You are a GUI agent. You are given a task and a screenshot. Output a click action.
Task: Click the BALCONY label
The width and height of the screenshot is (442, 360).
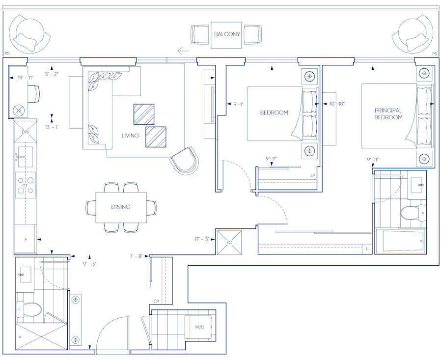point(227,34)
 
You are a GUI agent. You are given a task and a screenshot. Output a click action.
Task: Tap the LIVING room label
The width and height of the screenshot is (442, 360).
point(130,136)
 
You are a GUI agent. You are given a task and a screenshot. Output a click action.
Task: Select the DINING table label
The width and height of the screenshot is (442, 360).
point(121,207)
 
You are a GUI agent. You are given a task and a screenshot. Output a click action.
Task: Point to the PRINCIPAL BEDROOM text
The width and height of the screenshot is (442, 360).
point(388,114)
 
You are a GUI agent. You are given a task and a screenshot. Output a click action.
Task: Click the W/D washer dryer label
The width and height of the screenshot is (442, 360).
point(199,327)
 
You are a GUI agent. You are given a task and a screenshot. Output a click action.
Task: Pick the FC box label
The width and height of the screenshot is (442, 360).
point(229,243)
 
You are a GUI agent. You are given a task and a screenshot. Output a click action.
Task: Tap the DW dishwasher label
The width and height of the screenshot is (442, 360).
point(25,132)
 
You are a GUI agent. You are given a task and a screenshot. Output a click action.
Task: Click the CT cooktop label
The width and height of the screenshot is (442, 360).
point(25,186)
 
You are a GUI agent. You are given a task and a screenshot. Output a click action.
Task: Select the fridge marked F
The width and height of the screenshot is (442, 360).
point(26,239)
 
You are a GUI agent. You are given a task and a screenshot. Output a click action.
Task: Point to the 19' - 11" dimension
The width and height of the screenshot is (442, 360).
point(26,78)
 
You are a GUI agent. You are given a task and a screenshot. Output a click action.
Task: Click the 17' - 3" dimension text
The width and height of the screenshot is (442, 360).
point(202,239)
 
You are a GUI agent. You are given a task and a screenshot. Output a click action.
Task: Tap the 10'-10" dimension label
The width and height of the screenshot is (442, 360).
point(337,104)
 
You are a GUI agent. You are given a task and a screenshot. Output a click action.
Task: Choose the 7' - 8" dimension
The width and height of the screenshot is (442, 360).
point(137,255)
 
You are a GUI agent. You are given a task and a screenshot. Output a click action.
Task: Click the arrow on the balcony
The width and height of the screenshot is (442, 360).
point(183,50)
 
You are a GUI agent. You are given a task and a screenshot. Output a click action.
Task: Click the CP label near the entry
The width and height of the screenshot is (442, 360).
point(156,301)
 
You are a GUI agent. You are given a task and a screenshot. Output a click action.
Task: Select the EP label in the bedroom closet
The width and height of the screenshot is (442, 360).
point(312,175)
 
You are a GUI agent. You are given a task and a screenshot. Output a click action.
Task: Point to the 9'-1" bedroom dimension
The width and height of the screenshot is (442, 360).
point(238,104)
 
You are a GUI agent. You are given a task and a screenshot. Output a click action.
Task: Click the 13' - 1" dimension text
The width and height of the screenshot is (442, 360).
point(52,127)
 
